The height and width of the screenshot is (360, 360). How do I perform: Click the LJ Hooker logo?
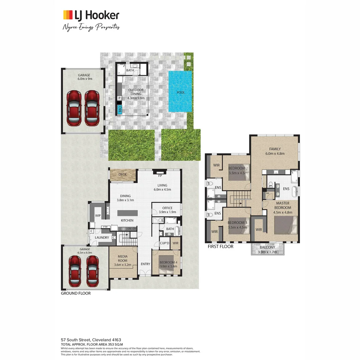91,15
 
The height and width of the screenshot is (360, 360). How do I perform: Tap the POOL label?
181,92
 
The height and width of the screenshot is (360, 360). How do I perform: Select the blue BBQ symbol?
120,109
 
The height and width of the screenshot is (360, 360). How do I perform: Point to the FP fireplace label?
160,176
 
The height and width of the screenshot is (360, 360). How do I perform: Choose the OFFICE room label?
167,208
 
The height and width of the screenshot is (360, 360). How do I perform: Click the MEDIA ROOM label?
123,259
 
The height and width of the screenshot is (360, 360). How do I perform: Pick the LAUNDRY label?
102,237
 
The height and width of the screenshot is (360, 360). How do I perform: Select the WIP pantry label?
98,216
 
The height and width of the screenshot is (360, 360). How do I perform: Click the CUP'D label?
165,243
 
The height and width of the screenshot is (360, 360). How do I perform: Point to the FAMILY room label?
275,149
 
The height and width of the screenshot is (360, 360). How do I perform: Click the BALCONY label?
267,247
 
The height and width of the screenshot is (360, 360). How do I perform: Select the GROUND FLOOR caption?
76,294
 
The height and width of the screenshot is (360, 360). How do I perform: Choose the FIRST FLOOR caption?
220,247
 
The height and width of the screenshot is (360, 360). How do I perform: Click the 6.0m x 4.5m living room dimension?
162,190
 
